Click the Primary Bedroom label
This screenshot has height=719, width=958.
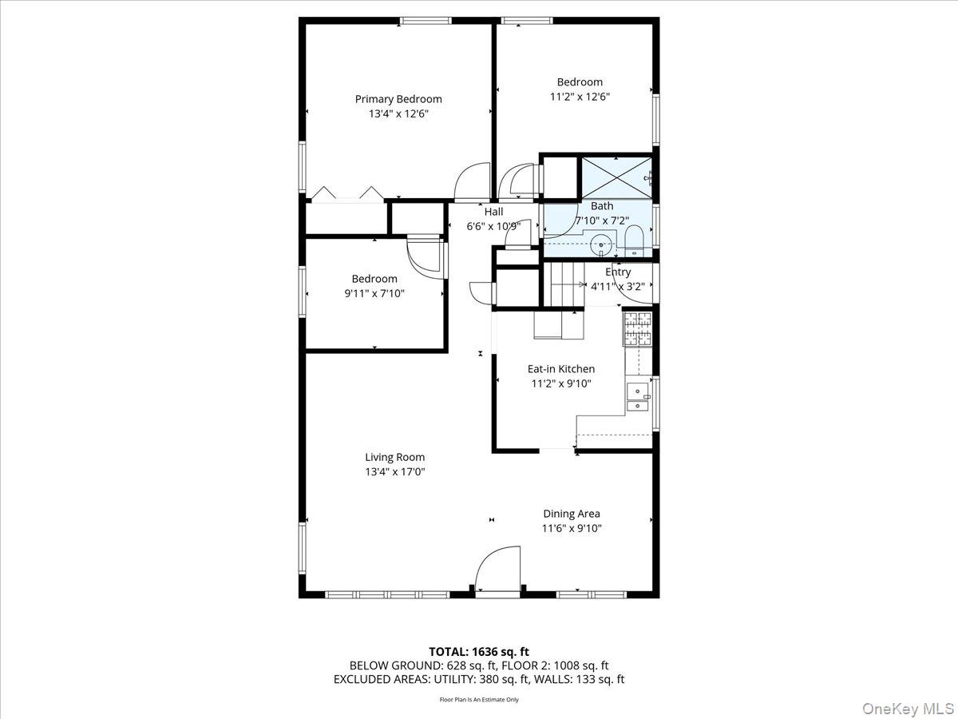[x=398, y=99]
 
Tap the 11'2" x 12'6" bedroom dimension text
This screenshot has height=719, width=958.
[x=580, y=97]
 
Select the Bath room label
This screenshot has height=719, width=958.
[x=602, y=206]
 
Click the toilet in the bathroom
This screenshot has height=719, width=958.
[x=635, y=240]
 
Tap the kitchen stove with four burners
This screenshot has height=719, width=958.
[x=638, y=328]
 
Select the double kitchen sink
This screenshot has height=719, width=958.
[x=638, y=397]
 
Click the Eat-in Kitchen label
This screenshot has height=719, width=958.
[x=560, y=369]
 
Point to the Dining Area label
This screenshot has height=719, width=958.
[x=571, y=514]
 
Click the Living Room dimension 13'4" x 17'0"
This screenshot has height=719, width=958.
[x=395, y=472]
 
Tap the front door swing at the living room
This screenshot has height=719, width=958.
[x=497, y=569]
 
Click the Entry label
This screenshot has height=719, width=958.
[x=617, y=272]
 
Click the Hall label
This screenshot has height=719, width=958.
[x=494, y=212]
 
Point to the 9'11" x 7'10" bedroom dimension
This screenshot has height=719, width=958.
[x=374, y=293]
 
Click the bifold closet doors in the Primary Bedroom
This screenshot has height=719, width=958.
[x=346, y=193]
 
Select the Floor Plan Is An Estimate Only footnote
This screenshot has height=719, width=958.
[x=478, y=700]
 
